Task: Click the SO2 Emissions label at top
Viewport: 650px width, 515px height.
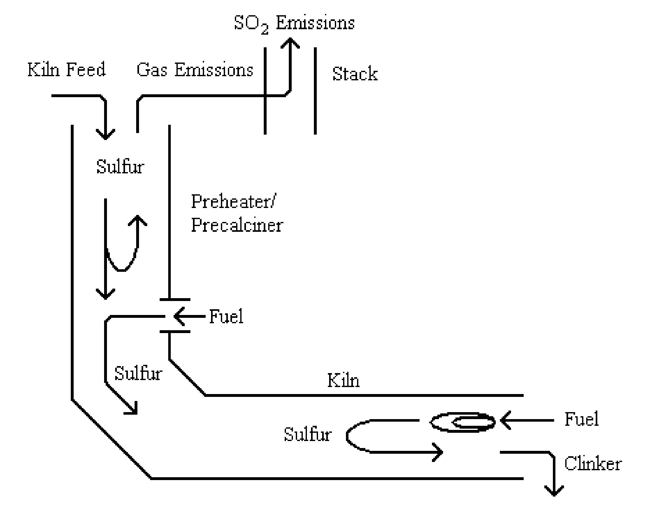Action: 294,23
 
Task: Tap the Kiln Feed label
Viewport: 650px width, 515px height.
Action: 66,70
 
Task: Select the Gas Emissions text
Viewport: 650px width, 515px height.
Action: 195,70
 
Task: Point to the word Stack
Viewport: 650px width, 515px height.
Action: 355,74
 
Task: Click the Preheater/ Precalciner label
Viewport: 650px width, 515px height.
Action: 236,213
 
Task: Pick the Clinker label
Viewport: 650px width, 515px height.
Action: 593,464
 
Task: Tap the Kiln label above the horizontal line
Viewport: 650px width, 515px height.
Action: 343,380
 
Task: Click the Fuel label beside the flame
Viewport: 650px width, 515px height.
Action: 581,419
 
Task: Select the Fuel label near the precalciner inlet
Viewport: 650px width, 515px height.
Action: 226,317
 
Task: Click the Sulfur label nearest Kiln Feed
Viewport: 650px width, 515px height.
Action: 120,166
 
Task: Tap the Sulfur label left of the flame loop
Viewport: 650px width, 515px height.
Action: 308,434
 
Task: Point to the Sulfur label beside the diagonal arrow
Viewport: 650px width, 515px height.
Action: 138,373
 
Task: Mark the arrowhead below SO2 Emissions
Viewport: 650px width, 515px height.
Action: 290,43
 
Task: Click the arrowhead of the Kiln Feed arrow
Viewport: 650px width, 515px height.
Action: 105,135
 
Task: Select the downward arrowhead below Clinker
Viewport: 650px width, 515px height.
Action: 554,490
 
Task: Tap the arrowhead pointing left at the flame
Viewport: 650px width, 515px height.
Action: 505,420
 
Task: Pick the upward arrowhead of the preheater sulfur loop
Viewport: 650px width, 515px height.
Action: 138,220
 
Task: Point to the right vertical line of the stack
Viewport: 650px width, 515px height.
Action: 315,91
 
